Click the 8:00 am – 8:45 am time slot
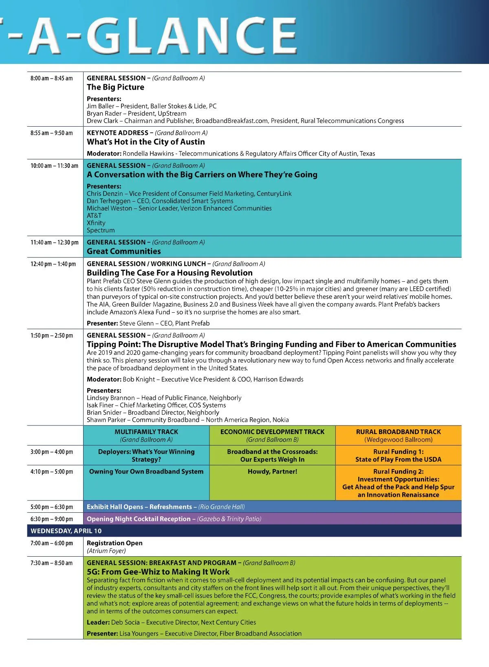click(51, 78)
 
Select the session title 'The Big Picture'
click(115, 87)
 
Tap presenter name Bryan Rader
click(104, 114)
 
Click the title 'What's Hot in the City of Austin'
click(146, 142)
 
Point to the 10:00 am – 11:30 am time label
click(54, 166)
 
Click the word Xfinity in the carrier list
click(96, 223)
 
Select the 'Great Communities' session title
click(124, 252)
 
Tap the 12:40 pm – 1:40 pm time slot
click(53, 264)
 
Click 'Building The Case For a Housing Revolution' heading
click(170, 273)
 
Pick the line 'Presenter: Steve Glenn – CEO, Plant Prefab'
click(148, 323)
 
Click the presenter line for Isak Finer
click(156, 405)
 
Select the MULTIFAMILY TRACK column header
click(146, 432)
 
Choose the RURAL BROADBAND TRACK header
click(399, 432)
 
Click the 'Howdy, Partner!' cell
click(272, 472)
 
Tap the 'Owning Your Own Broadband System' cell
click(146, 472)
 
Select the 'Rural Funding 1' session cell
click(398, 456)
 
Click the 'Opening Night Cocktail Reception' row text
click(139, 519)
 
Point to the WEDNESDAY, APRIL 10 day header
click(66, 531)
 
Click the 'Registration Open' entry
click(115, 543)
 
